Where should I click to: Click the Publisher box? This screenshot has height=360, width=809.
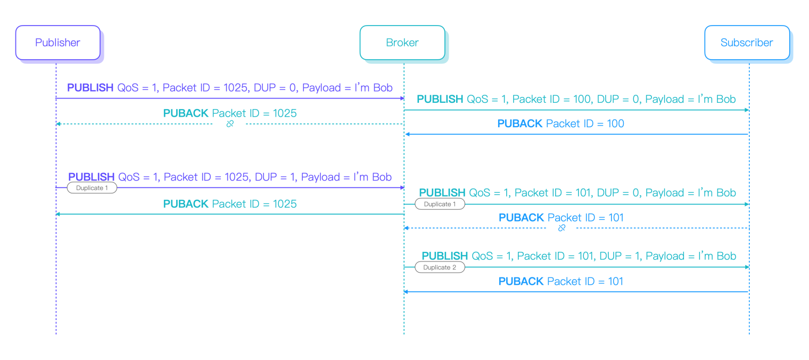pos(57,43)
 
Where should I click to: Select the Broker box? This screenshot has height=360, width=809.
pos(402,43)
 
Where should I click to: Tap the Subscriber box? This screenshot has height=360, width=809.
pos(746,43)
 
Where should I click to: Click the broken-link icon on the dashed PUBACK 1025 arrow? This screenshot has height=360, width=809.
pos(230,124)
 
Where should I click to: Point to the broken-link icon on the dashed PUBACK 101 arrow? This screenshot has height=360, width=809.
pos(562,228)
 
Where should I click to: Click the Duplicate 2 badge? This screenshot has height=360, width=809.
pos(440,267)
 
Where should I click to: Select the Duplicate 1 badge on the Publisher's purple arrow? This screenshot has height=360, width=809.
pos(92,188)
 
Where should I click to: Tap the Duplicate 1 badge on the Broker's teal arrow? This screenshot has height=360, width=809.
pos(440,204)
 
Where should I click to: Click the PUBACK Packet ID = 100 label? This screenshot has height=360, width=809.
pos(560,124)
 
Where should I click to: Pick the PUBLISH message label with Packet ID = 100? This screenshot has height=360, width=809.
pos(576,99)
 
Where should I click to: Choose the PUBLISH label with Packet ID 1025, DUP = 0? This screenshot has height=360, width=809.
pos(230,88)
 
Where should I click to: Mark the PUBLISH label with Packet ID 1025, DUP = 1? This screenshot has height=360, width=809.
pos(230,177)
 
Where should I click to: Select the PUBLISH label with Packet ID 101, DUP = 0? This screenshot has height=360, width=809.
pos(577,193)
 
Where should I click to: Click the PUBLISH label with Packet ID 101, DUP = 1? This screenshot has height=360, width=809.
pos(579,256)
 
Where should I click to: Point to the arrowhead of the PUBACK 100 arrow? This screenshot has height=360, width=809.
pos(407,134)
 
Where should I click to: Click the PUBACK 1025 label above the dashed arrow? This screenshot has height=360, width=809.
pos(230,113)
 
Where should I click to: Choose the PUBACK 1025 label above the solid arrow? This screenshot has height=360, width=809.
pos(230,204)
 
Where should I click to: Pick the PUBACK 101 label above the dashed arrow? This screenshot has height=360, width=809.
pos(561,217)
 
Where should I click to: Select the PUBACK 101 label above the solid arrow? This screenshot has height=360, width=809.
pos(560,281)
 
